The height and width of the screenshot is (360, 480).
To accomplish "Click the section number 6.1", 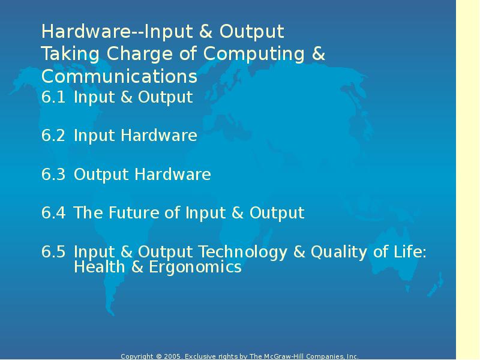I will coord(53,97).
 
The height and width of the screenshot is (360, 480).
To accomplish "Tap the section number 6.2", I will coord(53,136).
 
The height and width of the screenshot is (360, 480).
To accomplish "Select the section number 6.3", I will coord(53,175).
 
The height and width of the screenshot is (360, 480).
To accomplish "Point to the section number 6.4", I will coord(53,213).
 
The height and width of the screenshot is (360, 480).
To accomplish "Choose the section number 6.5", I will coord(53,252).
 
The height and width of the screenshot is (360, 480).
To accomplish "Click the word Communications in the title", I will coord(119,77).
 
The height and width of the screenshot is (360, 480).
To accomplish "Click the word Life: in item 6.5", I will coord(409,252).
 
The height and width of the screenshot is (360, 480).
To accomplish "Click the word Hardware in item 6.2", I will coord(158,136).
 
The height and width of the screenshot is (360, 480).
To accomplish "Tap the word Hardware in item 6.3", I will coord(172,175).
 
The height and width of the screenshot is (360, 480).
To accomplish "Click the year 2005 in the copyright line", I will coord(173,356).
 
